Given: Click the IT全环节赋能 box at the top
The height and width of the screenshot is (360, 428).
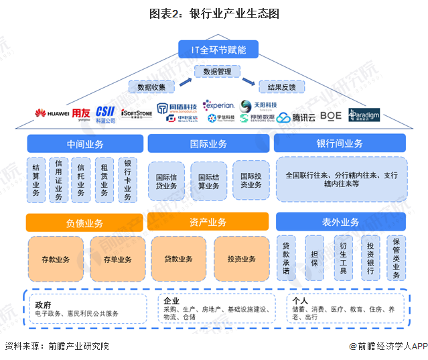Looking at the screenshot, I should click(x=214, y=50).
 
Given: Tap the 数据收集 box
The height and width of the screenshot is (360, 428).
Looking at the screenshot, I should click(x=151, y=86).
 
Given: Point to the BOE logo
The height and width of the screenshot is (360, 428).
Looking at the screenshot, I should click(x=330, y=116).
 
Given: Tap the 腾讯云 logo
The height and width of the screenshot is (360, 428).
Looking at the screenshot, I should click(x=294, y=117).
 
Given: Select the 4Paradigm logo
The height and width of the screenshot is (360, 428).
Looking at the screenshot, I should click(x=364, y=115).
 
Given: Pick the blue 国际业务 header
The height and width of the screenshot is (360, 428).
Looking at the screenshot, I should click(x=208, y=143).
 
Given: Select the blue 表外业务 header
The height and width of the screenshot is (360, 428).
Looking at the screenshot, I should click(x=340, y=223).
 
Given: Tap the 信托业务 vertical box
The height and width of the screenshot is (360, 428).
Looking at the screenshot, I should click(x=81, y=180).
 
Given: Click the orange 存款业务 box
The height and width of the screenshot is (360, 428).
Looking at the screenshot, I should click(x=56, y=259).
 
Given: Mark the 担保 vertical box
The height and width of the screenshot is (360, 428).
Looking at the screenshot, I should click(x=314, y=257).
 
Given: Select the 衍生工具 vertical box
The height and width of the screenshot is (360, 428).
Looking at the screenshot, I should click(x=342, y=257).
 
